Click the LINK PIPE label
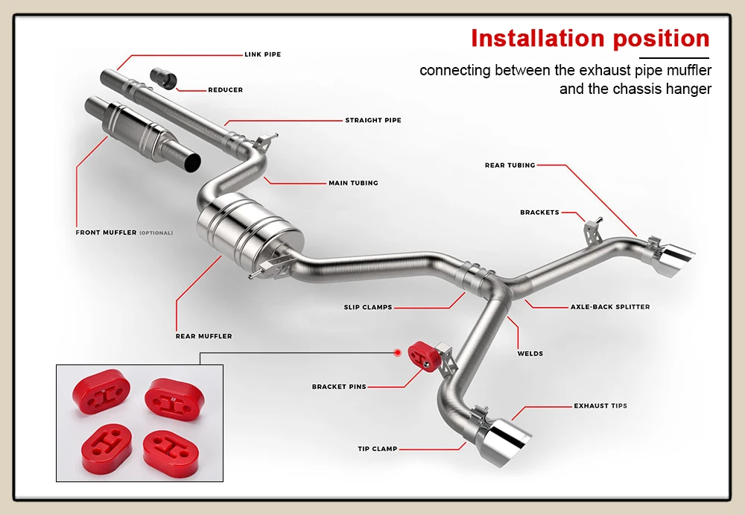click(x=263, y=54)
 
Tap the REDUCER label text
click(x=225, y=90)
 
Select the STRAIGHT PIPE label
click(x=373, y=120)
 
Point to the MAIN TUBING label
click(x=353, y=183)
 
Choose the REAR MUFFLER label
click(x=204, y=336)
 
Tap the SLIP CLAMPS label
click(x=368, y=307)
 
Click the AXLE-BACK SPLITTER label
click(x=610, y=307)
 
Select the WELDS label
click(x=530, y=354)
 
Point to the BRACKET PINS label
click(x=339, y=387)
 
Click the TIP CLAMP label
click(x=378, y=449)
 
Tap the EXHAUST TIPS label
click(x=600, y=406)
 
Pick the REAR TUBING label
click(x=510, y=165)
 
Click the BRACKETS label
click(x=539, y=212)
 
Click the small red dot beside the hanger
click(x=398, y=353)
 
